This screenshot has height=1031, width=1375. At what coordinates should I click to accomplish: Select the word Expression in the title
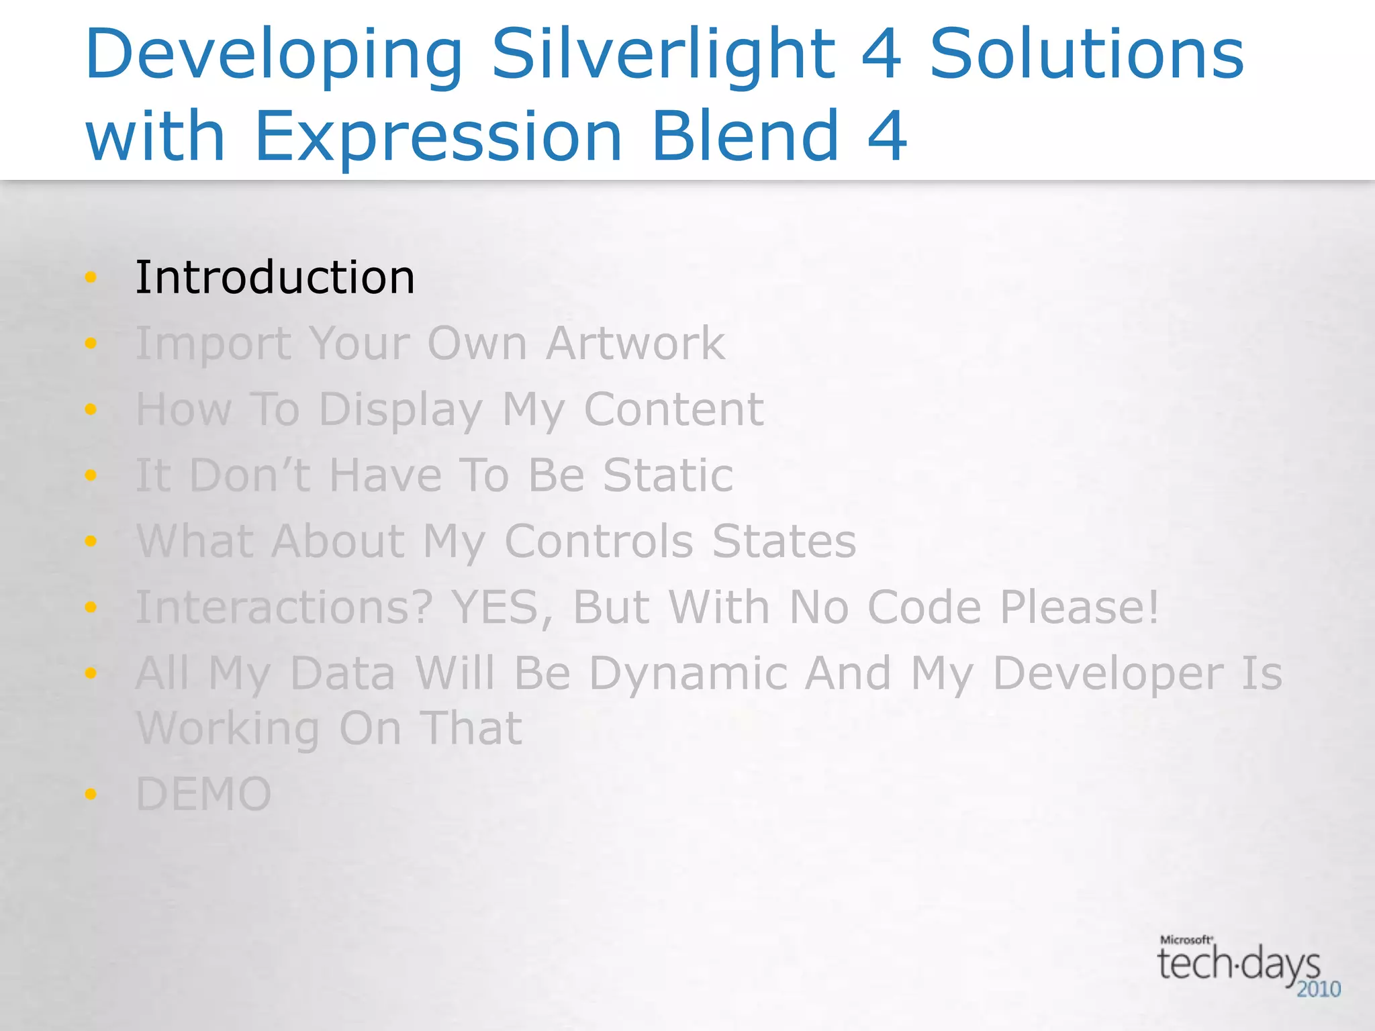[x=439, y=138]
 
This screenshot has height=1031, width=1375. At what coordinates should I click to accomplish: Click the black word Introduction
[x=275, y=277]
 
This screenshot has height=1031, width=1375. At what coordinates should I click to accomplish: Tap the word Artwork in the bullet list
[x=635, y=343]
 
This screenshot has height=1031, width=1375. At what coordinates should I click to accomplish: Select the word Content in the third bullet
[x=673, y=409]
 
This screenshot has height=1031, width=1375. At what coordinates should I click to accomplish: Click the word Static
[x=668, y=475]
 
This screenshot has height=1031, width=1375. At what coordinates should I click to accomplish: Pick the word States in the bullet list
[x=784, y=541]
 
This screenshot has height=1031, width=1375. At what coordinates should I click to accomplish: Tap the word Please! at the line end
[x=1080, y=607]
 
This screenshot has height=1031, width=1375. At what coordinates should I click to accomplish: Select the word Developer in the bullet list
[x=1108, y=675]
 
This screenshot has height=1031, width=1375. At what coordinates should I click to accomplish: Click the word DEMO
[x=203, y=794]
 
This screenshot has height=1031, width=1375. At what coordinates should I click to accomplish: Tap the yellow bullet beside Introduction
[x=91, y=277]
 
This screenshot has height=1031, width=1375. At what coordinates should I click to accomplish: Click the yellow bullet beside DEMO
[x=91, y=794]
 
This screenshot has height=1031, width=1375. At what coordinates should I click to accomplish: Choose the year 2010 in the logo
[x=1319, y=989]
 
